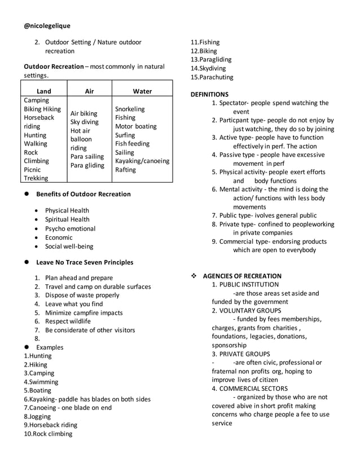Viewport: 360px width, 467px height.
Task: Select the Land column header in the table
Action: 43,91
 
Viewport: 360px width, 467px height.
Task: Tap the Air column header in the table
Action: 89,91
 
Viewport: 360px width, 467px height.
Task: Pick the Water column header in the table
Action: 142,91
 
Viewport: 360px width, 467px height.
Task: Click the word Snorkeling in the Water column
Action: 130,109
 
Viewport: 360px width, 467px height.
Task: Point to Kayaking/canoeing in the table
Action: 142,161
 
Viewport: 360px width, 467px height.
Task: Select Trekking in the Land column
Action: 37,178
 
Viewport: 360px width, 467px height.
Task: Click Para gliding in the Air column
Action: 87,165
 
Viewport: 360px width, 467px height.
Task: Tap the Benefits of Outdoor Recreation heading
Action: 84,194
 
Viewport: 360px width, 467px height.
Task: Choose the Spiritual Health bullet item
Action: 67,219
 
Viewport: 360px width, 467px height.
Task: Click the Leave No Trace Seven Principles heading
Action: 85,262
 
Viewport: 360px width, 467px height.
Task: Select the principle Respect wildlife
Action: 68,321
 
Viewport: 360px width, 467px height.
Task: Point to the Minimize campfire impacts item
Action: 84,312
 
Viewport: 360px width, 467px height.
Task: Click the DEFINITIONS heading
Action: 210,94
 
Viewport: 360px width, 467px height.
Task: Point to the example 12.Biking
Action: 204,51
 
